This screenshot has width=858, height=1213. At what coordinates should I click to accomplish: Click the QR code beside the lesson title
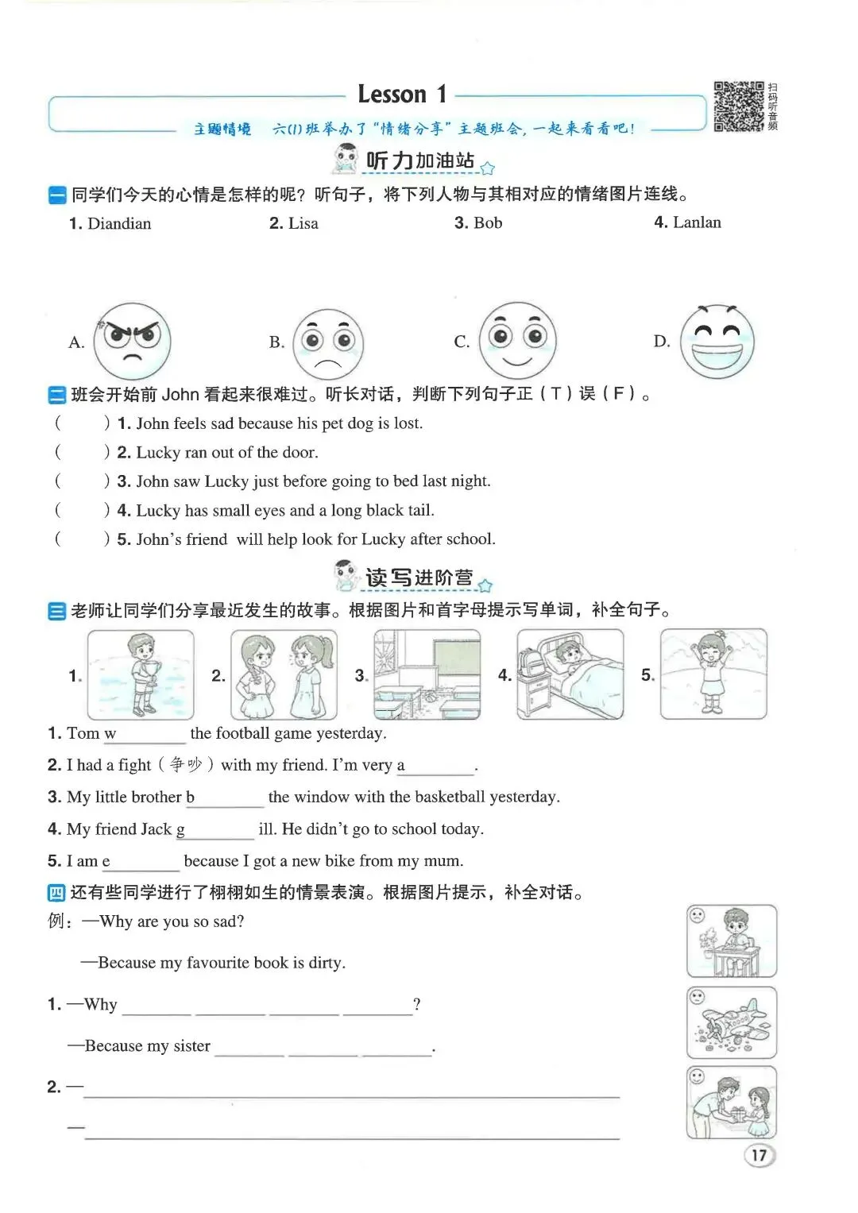click(739, 106)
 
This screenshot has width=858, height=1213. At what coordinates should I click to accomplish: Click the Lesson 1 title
click(403, 95)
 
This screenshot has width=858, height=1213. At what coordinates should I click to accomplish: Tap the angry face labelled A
click(132, 341)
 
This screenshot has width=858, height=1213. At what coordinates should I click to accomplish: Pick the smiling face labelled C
click(518, 341)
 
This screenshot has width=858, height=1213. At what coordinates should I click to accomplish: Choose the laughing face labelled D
click(717, 341)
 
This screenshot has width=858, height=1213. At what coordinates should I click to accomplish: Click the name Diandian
click(119, 224)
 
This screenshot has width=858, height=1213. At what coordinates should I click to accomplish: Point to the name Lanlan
click(697, 222)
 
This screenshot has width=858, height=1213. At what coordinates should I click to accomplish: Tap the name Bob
click(488, 223)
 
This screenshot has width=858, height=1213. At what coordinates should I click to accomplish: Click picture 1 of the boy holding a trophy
click(141, 674)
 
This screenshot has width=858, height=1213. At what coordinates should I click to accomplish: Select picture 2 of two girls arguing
click(284, 674)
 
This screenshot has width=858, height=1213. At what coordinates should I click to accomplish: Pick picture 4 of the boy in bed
click(570, 674)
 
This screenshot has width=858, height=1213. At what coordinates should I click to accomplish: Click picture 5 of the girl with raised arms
click(713, 674)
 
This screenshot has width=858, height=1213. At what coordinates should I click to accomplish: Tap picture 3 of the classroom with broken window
click(427, 674)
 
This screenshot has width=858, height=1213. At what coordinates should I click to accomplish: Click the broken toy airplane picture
click(731, 1022)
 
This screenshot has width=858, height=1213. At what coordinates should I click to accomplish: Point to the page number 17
click(759, 1156)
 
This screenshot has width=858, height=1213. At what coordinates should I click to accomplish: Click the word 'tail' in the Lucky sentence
click(420, 510)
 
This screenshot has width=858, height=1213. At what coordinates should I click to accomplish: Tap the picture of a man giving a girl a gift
click(731, 1103)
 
